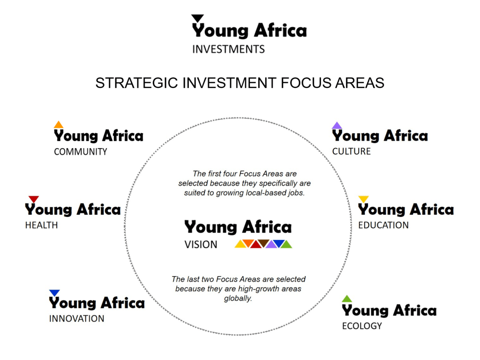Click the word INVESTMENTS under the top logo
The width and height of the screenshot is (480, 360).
tap(228, 49)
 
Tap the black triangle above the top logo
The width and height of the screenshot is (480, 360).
tap(197, 18)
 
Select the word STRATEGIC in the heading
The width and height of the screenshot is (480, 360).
tap(136, 83)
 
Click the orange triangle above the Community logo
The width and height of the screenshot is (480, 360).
tap(59, 125)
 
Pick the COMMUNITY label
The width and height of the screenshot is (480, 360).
tap(81, 151)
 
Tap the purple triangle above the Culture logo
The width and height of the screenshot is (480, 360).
tap(337, 126)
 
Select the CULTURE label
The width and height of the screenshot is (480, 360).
tap(352, 151)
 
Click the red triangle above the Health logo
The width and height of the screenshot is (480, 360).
tap(34, 199)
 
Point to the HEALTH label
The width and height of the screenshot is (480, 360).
tap(41, 225)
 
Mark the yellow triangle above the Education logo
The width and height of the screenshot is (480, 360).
tap(363, 199)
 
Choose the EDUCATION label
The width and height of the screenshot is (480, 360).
tap(383, 225)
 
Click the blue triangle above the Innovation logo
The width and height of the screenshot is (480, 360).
tap(54, 293)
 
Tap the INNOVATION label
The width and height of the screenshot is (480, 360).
tap(76, 318)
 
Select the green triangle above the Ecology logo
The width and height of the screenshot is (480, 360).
tap(347, 299)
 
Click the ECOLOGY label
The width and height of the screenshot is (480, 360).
tap(362, 326)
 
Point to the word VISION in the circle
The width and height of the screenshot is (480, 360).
tap(201, 245)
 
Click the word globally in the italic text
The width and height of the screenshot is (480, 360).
tap(238, 298)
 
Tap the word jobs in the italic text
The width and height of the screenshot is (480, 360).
tap(296, 193)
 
